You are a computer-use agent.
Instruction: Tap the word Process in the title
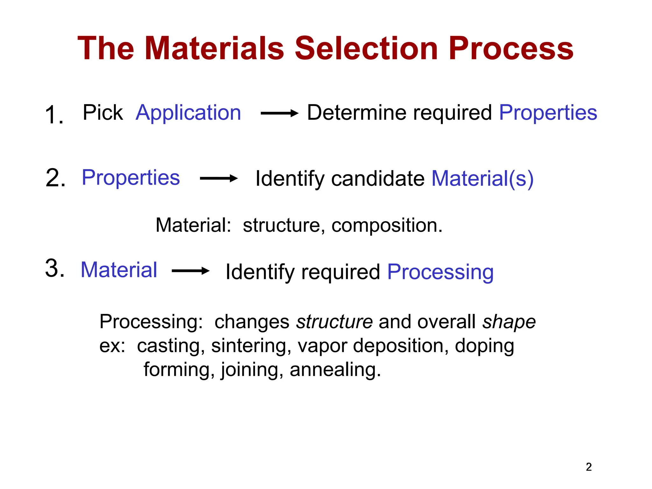(x=511, y=48)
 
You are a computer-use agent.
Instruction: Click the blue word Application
(x=188, y=113)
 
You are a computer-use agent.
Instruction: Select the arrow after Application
(x=279, y=113)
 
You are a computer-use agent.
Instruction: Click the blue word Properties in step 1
(x=548, y=113)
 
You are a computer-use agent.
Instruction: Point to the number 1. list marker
(x=54, y=115)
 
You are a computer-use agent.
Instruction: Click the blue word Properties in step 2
(x=131, y=178)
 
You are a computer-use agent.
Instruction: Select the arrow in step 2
(x=218, y=178)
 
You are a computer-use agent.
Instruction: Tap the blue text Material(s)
(x=482, y=178)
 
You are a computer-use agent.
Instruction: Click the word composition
(x=386, y=225)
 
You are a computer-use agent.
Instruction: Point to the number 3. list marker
(x=55, y=268)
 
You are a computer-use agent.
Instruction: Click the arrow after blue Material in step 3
(x=190, y=271)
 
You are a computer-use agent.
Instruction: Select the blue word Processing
(x=440, y=272)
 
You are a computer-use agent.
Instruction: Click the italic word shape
(x=509, y=322)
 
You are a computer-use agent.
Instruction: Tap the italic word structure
(x=334, y=322)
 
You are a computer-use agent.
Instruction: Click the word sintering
(x=251, y=346)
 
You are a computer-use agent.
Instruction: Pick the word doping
(x=484, y=346)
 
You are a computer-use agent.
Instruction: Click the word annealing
(x=335, y=370)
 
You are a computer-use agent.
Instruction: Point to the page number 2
(x=589, y=467)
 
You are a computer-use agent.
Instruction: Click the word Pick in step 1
(x=103, y=113)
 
